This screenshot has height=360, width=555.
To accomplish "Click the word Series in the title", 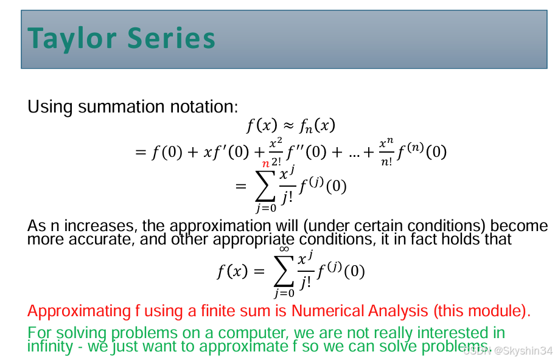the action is tap(172, 38).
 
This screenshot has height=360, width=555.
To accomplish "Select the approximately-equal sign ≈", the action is tap(289, 126).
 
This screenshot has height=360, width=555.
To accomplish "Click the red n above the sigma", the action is tap(266, 164).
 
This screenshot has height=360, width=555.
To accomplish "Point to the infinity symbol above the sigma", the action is tap(284, 249).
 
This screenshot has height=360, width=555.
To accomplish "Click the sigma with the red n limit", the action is tap(265, 186).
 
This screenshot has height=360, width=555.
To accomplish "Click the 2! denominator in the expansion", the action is tap(276, 162).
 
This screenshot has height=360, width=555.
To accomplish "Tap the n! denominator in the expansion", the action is tap(386, 162).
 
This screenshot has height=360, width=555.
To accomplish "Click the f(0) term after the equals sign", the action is tap(167, 153).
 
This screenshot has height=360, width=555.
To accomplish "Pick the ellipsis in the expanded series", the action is tap(354, 156).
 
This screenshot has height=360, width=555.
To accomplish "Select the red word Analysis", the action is tap(398, 311).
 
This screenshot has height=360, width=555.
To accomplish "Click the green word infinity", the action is tap(50, 347).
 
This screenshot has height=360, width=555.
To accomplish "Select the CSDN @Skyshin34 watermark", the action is tap(508, 350).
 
